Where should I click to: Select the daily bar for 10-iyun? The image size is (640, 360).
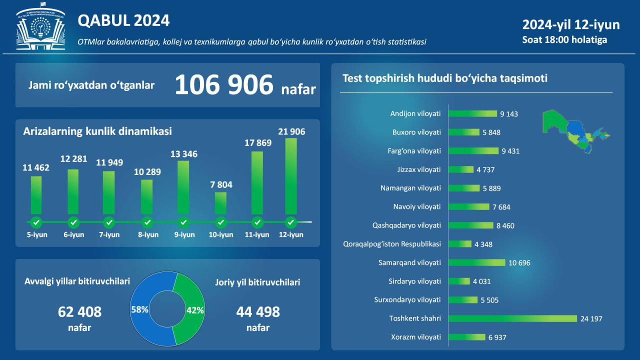(220, 203)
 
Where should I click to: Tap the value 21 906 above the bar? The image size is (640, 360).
(291, 131)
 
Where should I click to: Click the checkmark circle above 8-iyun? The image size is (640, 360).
(147, 222)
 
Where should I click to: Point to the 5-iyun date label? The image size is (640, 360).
(37, 234)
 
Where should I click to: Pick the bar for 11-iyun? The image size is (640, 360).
(257, 183)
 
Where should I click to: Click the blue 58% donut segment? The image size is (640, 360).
(145, 320)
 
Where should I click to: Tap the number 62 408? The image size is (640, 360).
(79, 312)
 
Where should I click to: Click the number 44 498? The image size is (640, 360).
(258, 312)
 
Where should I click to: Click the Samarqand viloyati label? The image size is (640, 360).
(409, 262)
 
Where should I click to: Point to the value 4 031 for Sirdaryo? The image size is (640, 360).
(481, 281)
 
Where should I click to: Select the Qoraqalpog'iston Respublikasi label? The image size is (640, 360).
(392, 244)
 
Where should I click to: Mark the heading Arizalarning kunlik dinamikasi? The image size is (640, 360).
(97, 131)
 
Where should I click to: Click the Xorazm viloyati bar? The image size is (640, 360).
(467, 337)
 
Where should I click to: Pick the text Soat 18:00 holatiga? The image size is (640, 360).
(564, 39)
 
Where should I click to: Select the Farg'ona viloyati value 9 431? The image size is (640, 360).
(510, 151)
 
